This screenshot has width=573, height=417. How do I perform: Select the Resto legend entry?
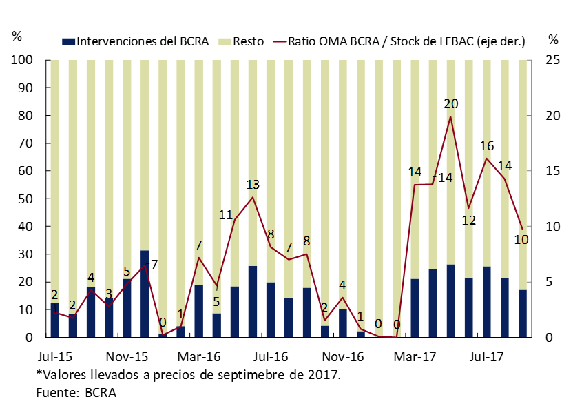(247, 41)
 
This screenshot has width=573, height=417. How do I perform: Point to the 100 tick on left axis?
(23, 61)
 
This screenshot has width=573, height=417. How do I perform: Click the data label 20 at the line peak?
(451, 104)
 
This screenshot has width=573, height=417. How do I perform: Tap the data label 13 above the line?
(253, 185)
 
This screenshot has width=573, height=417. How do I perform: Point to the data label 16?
(487, 146)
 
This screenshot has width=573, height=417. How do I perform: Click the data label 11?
(226, 214)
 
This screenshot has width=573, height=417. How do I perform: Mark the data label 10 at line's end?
(521, 240)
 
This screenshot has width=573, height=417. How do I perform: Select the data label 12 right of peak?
(469, 221)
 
